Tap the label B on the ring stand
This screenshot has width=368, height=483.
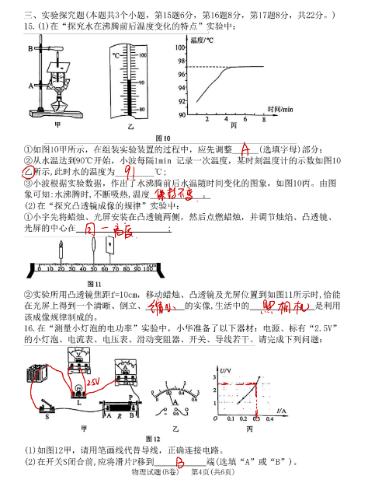pos(29,48)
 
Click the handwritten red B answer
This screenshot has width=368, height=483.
pos(179,462)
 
